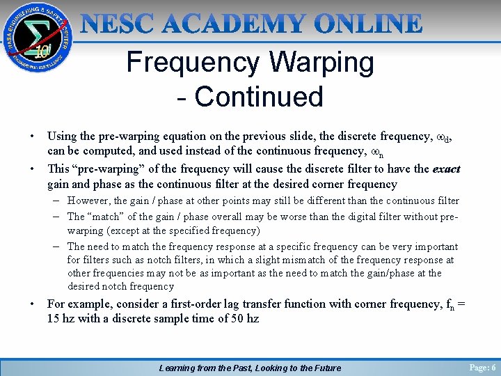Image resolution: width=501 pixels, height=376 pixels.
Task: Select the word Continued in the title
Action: pos(259,97)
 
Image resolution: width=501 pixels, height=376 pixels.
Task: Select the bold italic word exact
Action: pos(446,169)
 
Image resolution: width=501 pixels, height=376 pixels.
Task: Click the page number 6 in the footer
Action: pos(493,368)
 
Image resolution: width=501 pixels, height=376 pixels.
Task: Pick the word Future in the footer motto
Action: pos(324,368)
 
